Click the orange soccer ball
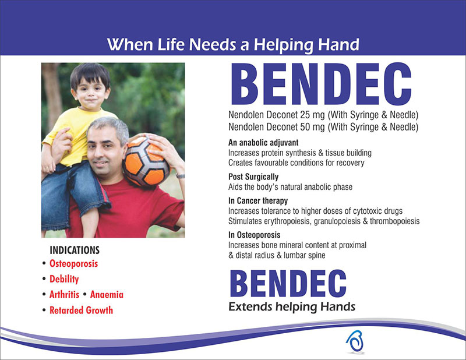[146, 161]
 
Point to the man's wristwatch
[181, 176]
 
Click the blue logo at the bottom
[355, 341]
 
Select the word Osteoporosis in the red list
[73, 264]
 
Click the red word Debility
[64, 279]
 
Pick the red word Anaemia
[107, 295]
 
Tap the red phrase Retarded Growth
[81, 310]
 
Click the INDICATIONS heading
[75, 250]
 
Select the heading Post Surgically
[253, 177]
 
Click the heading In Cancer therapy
[258, 201]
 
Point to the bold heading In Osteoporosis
[254, 235]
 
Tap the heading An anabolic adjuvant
[263, 143]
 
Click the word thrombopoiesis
[395, 221]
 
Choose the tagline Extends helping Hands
[292, 307]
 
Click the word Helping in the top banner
[283, 45]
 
